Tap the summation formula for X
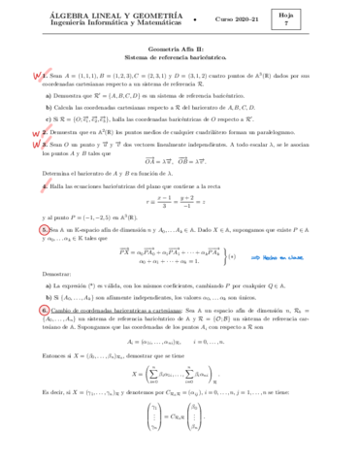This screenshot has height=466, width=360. [x=179, y=405]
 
